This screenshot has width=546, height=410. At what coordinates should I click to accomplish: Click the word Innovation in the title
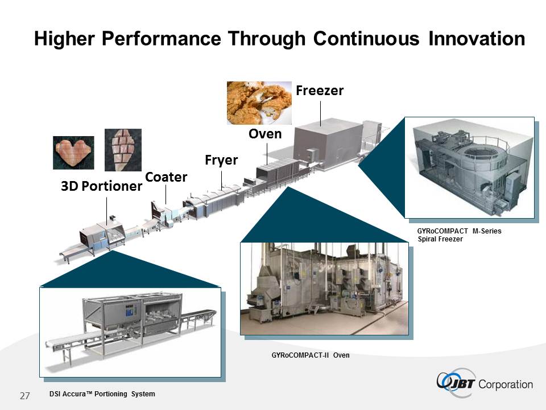click(477, 38)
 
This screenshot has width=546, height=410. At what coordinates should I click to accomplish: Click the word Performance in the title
click(161, 38)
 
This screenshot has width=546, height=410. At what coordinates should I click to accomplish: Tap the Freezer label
click(320, 91)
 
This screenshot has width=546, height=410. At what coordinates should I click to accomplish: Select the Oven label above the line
click(265, 134)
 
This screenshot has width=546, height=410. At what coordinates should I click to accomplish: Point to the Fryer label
click(221, 160)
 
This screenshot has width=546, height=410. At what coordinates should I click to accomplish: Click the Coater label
click(166, 177)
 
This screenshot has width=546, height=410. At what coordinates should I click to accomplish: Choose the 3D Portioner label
click(102, 186)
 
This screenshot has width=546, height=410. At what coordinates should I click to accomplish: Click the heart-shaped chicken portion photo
click(73, 153)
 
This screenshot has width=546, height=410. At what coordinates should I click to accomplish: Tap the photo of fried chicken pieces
click(259, 103)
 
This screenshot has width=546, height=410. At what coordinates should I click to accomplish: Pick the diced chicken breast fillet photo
click(123, 150)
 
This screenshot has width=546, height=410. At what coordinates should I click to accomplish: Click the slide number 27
click(25, 396)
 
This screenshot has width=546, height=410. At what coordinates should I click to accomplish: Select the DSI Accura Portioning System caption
click(102, 394)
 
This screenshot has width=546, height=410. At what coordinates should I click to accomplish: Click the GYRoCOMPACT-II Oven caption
click(311, 355)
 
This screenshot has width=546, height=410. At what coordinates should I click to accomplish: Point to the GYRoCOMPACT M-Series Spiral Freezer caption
click(460, 235)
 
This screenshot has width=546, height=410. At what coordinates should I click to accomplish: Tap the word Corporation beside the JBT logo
click(506, 384)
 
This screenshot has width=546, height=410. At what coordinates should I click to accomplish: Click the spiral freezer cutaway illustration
click(469, 167)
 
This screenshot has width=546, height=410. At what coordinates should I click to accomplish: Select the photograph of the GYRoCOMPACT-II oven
click(324, 289)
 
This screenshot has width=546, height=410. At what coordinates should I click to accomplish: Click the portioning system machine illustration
click(130, 332)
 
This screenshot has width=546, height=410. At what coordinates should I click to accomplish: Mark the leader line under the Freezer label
click(321, 114)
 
